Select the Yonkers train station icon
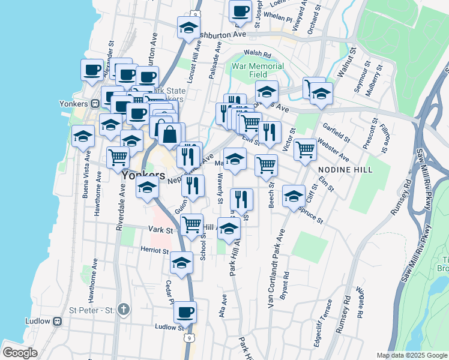pos(95,103)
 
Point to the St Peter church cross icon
pos(124,310)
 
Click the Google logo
pos(20,353)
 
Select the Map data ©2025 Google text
pos(411,355)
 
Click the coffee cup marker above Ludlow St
pos(185,311)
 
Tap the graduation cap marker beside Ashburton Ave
pos(188,28)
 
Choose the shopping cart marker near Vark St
pos(191,225)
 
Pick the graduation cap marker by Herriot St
pos(182,262)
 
